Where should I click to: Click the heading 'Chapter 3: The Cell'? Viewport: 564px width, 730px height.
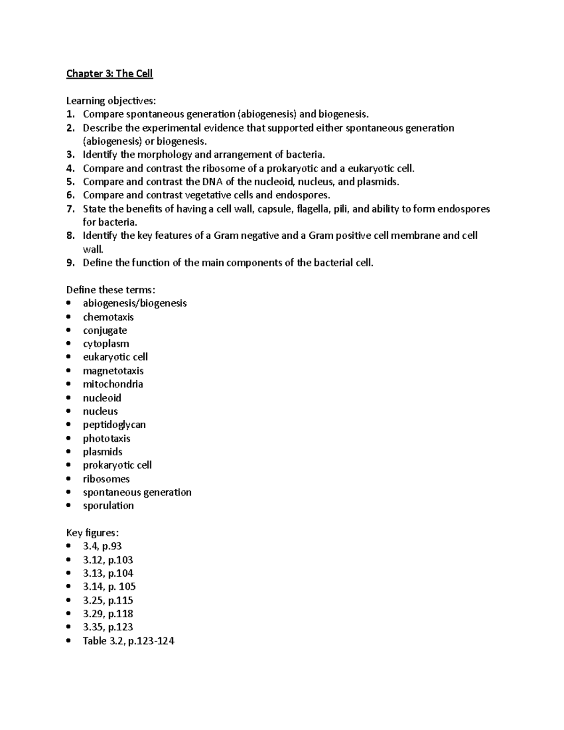[110, 74]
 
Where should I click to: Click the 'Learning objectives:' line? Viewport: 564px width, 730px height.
[111, 101]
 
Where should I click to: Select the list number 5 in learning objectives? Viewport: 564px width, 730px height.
[70, 182]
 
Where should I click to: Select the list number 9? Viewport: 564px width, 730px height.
[70, 263]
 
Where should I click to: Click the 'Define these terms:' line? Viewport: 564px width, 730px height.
[111, 290]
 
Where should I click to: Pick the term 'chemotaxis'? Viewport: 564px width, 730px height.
[108, 317]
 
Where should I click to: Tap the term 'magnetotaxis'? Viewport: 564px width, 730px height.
[113, 371]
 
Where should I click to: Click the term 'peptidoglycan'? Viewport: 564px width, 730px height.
[114, 425]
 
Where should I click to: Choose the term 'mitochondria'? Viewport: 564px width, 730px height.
[113, 384]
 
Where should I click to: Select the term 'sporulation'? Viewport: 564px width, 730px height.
[108, 506]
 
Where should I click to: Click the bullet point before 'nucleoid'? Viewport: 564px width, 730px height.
[69, 398]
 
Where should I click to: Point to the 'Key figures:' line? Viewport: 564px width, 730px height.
[93, 533]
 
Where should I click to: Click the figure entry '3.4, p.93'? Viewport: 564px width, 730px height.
[102, 546]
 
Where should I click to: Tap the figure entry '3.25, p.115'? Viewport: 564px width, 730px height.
[108, 600]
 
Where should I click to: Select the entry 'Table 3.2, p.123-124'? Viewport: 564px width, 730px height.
[128, 641]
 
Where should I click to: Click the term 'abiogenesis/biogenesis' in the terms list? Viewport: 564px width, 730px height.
[134, 303]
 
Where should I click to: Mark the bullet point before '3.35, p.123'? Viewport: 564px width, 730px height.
[69, 628]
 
